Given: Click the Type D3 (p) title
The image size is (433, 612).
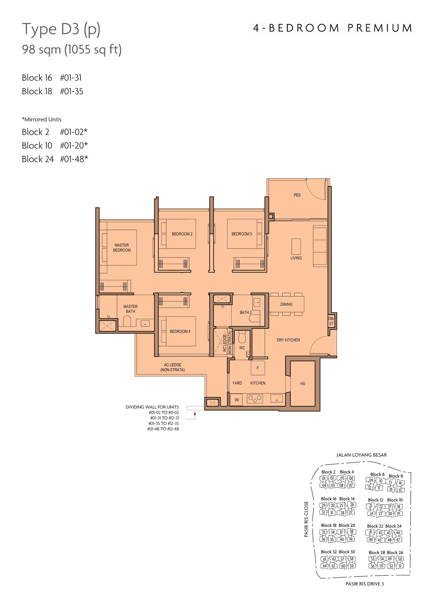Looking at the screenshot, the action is click(61, 29).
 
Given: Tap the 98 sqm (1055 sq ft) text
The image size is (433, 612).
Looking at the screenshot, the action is click(72, 50).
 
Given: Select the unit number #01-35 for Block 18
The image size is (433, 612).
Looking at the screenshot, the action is click(72, 91).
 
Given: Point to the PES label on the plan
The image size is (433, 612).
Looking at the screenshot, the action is click(297, 195).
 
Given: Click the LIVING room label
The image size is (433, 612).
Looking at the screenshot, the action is click(296, 258).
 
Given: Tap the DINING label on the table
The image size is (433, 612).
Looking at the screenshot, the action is click(286, 304).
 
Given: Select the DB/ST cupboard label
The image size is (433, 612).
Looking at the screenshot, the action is click(331, 321).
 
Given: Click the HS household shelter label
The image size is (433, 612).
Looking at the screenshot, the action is click(303, 384).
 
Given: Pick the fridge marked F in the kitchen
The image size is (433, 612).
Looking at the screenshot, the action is click(258, 368).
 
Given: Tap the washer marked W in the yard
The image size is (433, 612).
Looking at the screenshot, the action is click(237, 400).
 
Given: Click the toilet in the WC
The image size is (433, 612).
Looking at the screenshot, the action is click(242, 337).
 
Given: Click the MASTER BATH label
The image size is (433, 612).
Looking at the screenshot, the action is click(130, 309).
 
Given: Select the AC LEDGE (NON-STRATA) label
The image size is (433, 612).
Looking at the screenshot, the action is click(173, 367).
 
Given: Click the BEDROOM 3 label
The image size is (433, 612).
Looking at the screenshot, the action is click(242, 234).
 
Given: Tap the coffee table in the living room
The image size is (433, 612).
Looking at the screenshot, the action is click(296, 247).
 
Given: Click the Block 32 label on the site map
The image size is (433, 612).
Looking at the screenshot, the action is click(329, 552).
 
